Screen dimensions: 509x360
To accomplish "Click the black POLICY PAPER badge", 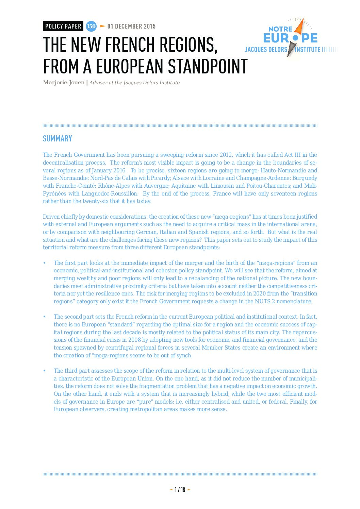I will click(x=63, y=26).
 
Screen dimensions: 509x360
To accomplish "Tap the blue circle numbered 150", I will click(x=91, y=26).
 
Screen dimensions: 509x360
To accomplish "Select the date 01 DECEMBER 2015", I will click(x=131, y=26).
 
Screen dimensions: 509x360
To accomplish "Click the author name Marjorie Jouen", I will click(x=64, y=83).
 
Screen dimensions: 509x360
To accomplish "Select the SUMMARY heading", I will click(x=58, y=138).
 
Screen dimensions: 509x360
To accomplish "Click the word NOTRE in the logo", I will click(x=280, y=29).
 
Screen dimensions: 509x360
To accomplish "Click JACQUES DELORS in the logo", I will click(x=266, y=50).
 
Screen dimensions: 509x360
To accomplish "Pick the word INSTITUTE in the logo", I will click(x=308, y=50).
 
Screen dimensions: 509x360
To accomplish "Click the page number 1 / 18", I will click(x=180, y=490).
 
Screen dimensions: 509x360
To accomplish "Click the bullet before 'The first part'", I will click(x=44, y=263).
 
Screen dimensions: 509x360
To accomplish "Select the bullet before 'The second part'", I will click(x=44, y=317).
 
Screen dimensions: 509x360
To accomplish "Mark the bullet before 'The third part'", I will click(x=44, y=371).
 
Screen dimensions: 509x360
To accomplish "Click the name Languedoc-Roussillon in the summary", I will click(x=110, y=193).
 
